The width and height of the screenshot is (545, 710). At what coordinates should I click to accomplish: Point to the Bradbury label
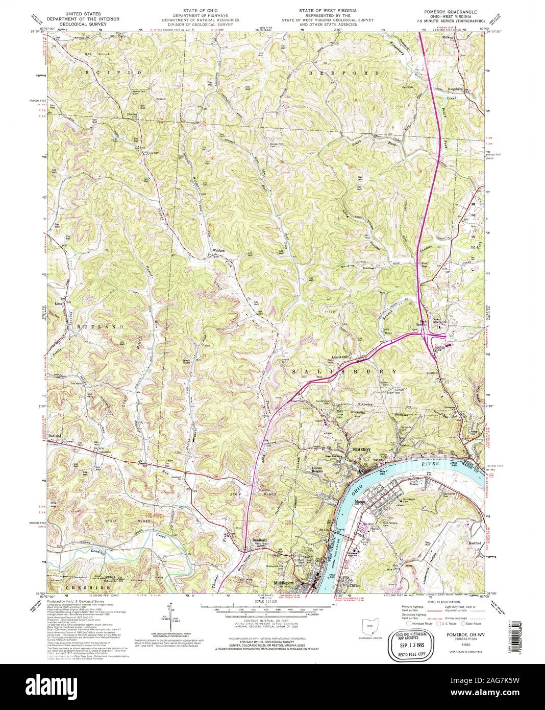[260, 539]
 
